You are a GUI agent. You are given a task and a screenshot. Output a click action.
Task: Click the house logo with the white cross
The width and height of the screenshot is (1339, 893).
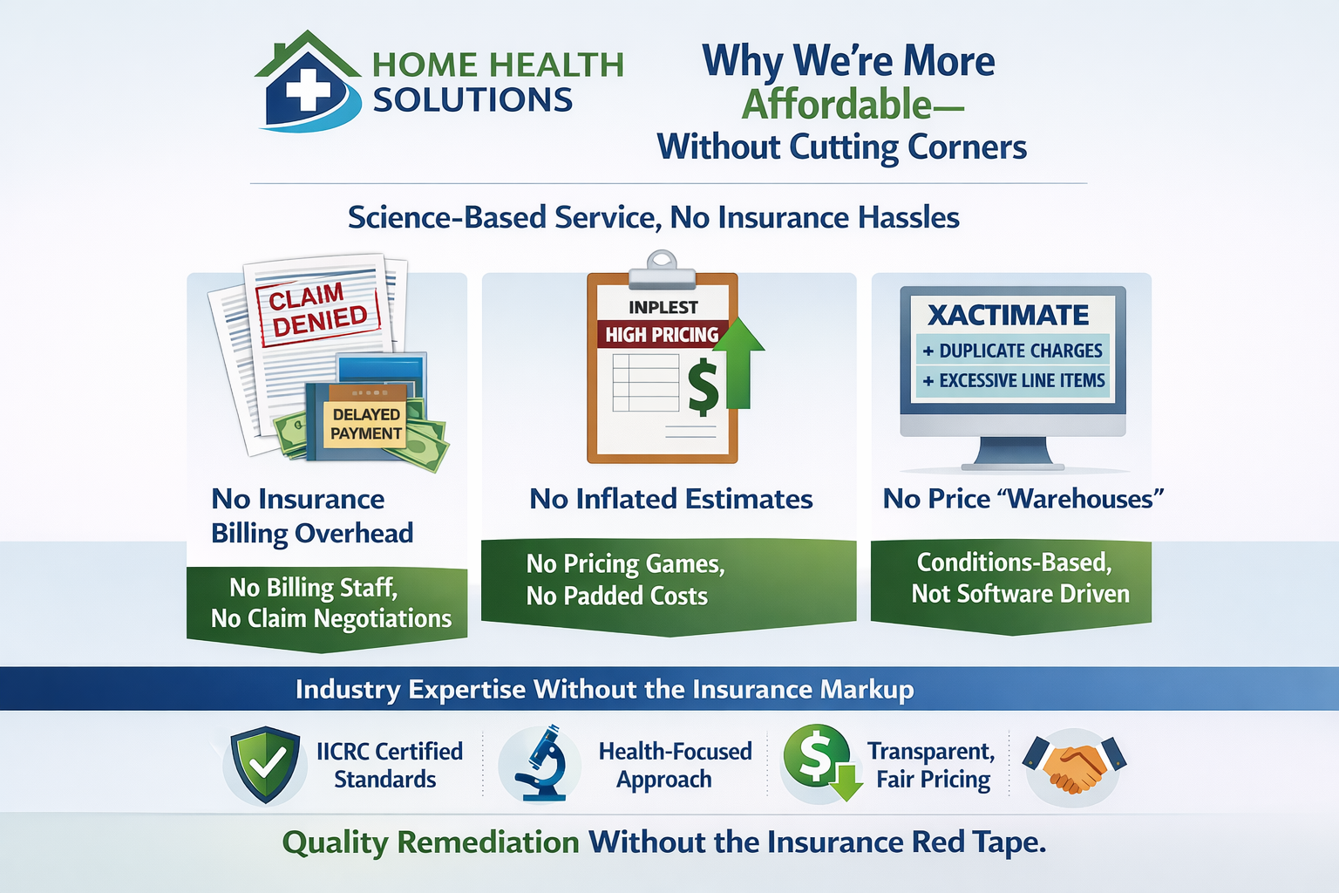pyautogui.click(x=308, y=85)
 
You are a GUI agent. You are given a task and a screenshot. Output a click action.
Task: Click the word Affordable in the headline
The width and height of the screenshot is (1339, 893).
pyautogui.click(x=837, y=105)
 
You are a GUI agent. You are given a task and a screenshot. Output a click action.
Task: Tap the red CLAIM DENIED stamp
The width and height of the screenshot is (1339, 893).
pyautogui.click(x=318, y=309)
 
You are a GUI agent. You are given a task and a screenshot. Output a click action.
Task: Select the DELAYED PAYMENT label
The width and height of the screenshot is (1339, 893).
pyautogui.click(x=366, y=424)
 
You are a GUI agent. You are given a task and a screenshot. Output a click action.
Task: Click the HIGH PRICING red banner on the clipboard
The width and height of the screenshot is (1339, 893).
pyautogui.click(x=662, y=335)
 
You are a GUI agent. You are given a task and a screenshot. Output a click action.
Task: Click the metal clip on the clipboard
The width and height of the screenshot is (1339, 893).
pyautogui.click(x=662, y=269)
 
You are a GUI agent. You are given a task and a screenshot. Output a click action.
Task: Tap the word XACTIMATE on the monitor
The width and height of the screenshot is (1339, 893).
pyautogui.click(x=1008, y=315)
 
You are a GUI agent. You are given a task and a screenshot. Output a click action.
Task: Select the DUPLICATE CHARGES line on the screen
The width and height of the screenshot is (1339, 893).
pyautogui.click(x=1013, y=351)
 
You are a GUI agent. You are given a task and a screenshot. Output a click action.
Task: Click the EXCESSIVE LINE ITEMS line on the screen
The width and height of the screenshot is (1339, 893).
pyautogui.click(x=1013, y=380)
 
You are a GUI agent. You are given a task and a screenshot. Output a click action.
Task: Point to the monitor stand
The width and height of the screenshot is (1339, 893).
pyautogui.click(x=1012, y=454)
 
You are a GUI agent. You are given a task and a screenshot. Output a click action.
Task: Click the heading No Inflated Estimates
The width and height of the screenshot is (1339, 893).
pyautogui.click(x=671, y=499)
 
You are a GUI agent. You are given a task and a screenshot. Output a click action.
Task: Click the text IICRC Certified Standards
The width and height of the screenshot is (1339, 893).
pyautogui.click(x=388, y=765)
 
